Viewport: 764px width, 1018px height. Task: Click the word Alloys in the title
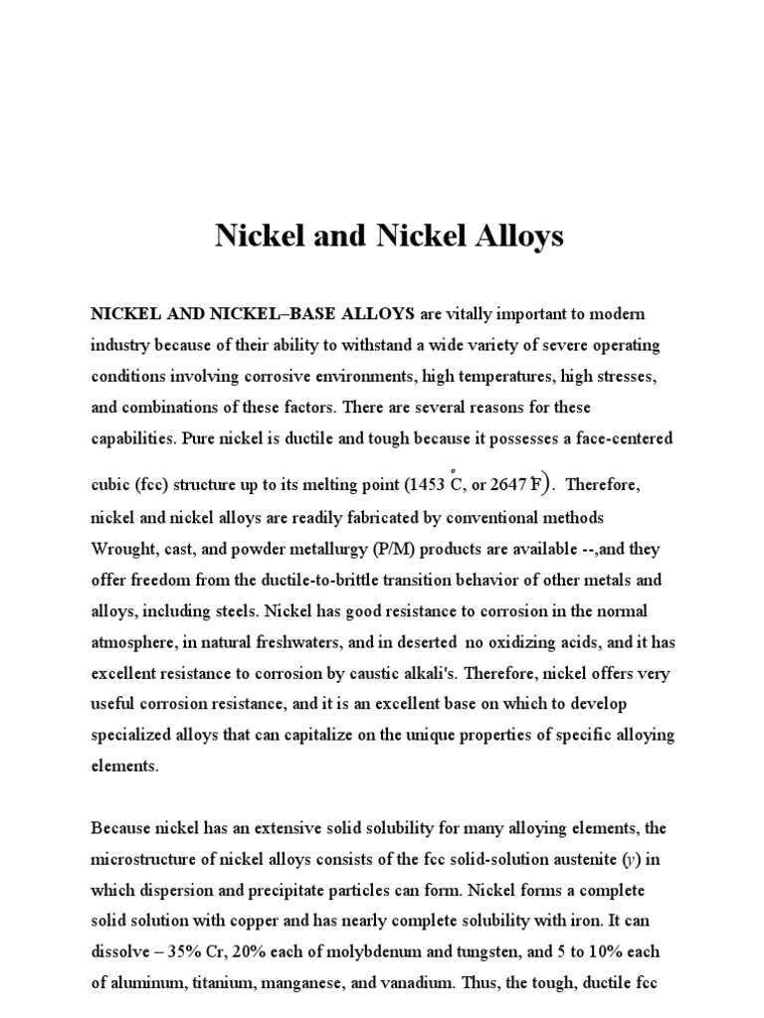pyautogui.click(x=506, y=237)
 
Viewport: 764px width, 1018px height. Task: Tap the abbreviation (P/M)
pyautogui.click(x=421, y=548)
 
